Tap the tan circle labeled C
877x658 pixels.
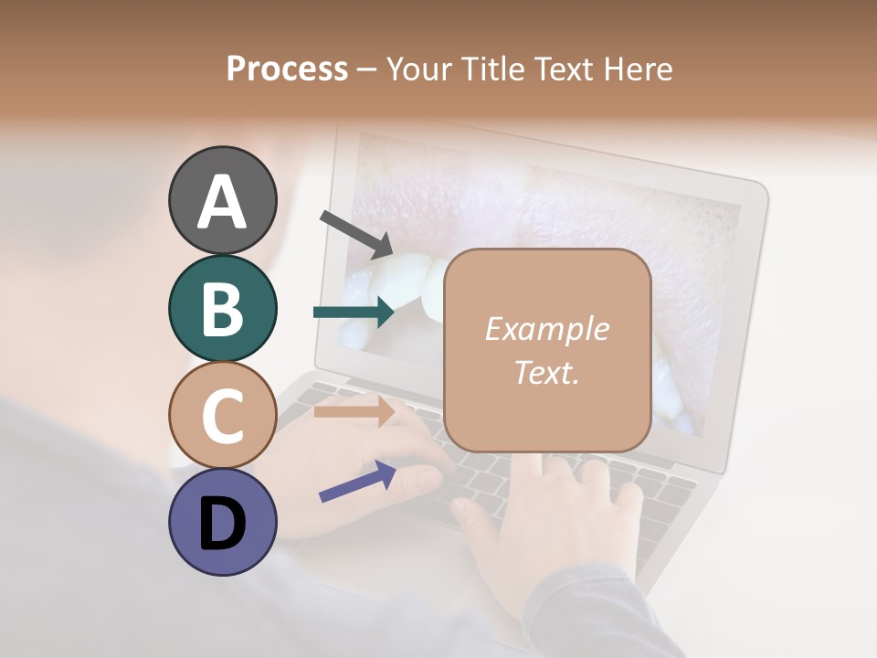(223, 415)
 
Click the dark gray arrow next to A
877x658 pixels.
(356, 234)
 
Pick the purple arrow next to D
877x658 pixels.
(357, 481)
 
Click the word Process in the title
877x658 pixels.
(287, 69)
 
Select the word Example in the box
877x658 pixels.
(546, 329)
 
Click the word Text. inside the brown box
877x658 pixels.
(546, 373)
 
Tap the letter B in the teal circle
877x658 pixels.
(223, 309)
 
